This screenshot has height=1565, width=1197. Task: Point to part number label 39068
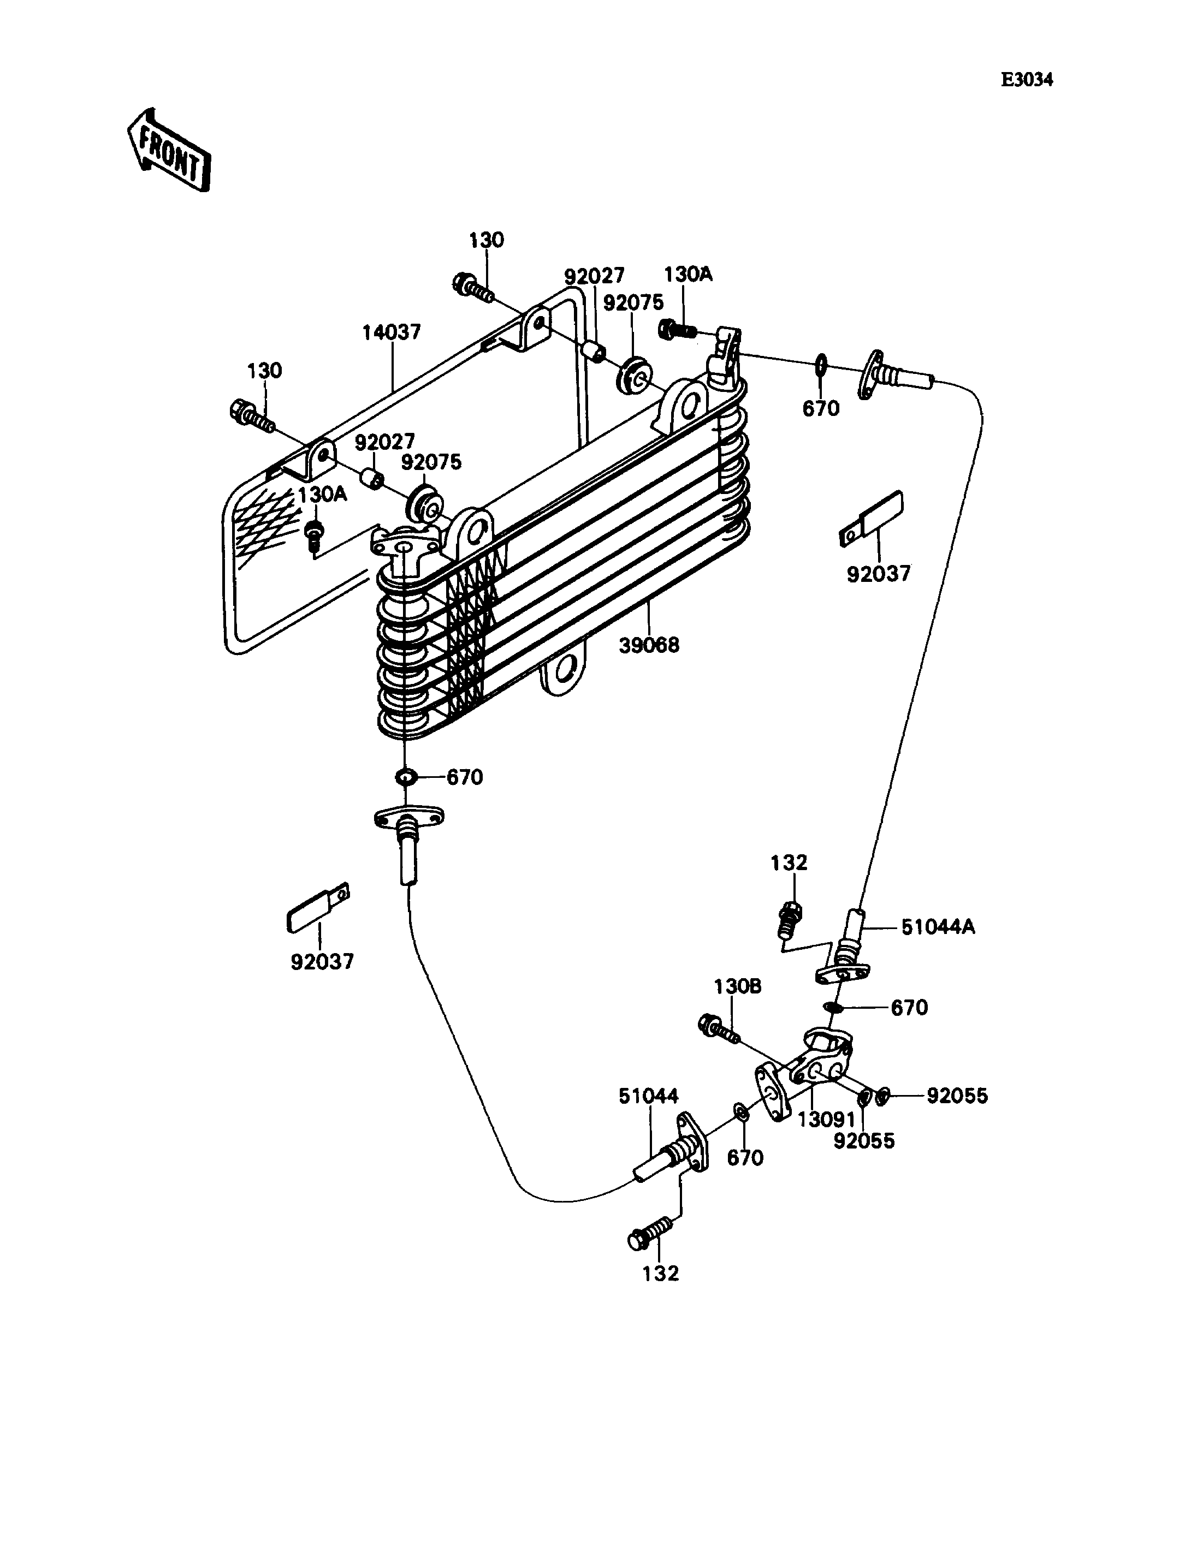coord(649,645)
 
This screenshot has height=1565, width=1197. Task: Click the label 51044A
coord(938,927)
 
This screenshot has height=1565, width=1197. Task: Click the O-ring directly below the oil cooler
coord(405,776)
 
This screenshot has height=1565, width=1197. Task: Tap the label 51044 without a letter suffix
coord(648,1096)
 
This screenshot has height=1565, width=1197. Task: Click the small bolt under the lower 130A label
coord(313,535)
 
